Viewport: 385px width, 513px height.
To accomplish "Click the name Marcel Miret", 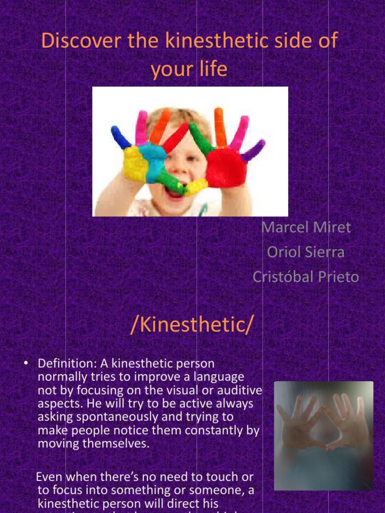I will coord(306,227).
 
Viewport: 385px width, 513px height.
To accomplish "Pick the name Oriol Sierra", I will coord(306,251).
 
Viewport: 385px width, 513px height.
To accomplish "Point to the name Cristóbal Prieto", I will coord(306,277).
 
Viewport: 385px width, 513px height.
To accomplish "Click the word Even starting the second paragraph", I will coord(52,476).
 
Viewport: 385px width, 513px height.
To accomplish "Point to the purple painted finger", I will coord(253,150).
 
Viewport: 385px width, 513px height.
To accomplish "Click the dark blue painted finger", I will coord(121,137).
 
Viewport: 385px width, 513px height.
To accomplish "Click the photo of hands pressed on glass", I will coord(323,435).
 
